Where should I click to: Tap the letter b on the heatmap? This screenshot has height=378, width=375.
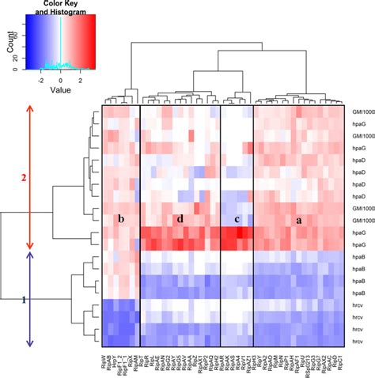tap(121, 217)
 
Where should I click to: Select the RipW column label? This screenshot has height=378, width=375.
tap(105, 359)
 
